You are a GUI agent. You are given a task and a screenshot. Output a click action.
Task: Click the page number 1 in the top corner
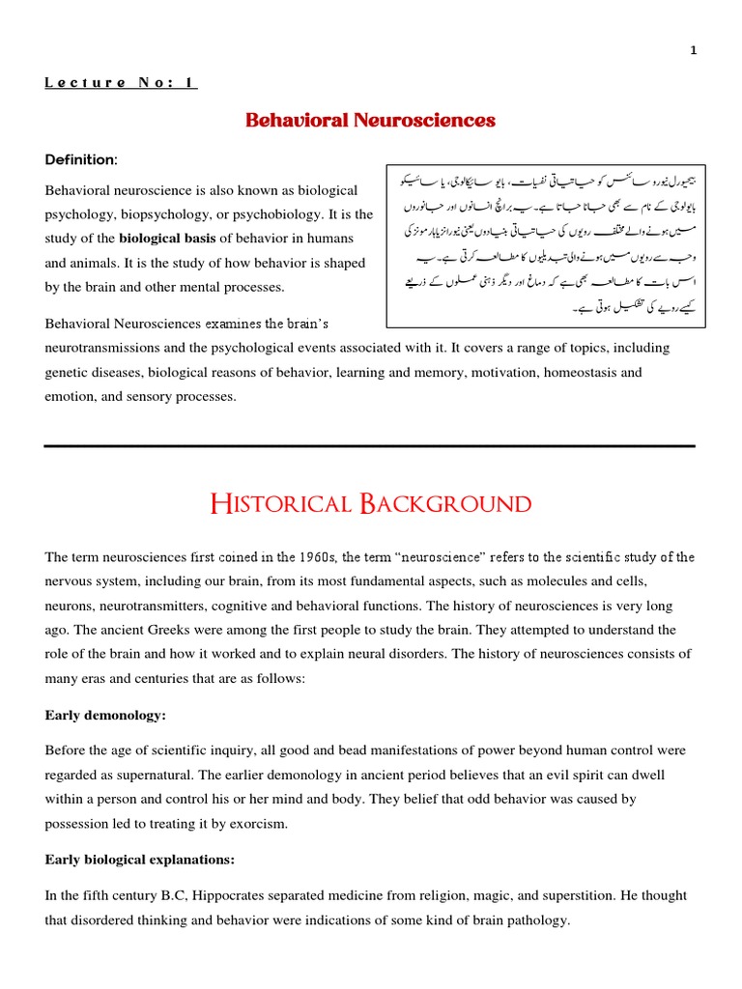click(694, 51)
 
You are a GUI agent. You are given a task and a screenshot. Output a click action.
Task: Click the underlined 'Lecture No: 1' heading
click(121, 83)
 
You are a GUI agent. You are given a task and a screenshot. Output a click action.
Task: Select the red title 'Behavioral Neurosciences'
click(370, 121)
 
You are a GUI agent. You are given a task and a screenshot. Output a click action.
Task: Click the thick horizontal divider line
click(370, 446)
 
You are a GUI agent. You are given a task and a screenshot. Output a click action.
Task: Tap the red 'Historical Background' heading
click(370, 504)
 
